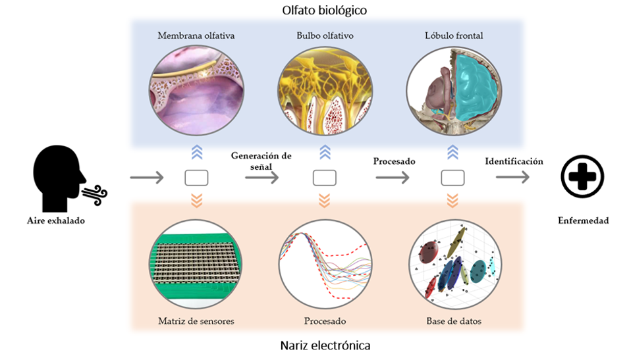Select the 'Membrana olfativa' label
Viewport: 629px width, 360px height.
coord(196,36)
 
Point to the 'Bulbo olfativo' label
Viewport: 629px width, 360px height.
coord(325,36)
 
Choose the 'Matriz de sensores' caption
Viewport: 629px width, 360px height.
coord(196,321)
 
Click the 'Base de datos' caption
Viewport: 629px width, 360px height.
coord(453,321)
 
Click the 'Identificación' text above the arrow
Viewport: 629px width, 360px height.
coord(514,161)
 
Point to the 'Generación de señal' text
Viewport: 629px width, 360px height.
coord(261,161)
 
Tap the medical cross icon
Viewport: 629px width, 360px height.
coord(582,176)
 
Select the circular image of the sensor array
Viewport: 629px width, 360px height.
coord(196,266)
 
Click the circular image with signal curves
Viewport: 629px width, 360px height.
coord(325,266)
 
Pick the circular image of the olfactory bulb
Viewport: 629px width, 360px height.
coord(325,91)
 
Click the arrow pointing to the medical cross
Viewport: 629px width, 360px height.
coord(512,177)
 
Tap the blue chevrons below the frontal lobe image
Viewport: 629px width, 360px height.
coord(452,153)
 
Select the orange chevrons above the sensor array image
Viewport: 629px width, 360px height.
coord(196,200)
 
